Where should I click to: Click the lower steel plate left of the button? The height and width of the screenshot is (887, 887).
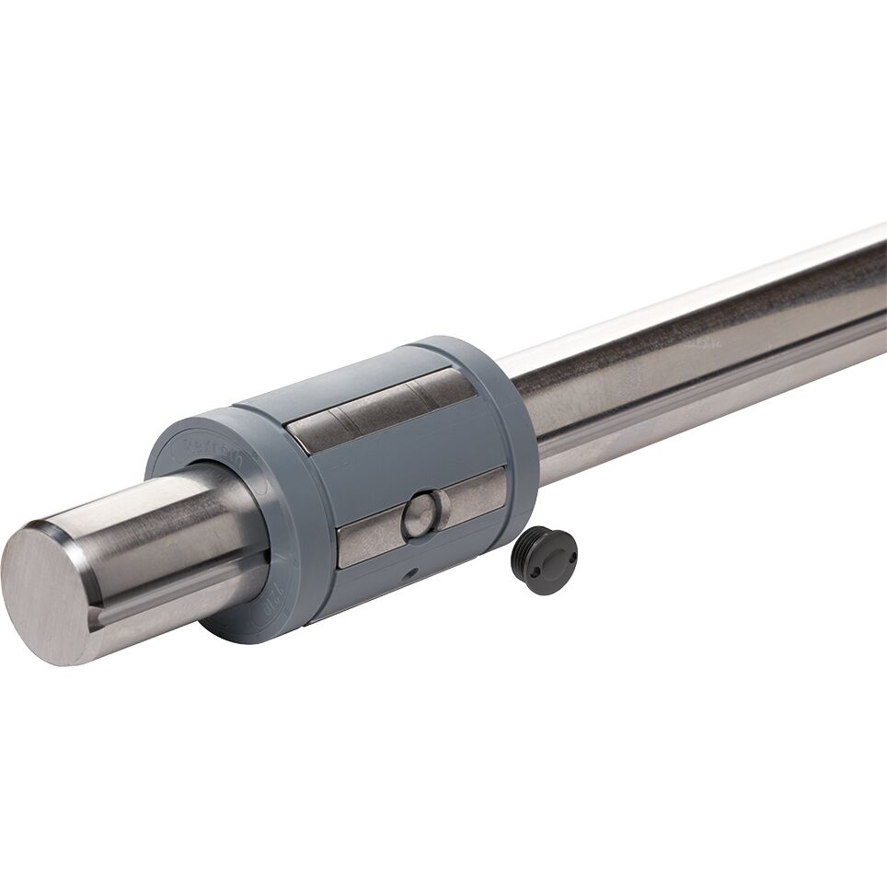click(369, 542)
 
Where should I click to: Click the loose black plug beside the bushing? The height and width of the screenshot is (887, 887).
click(544, 560)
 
